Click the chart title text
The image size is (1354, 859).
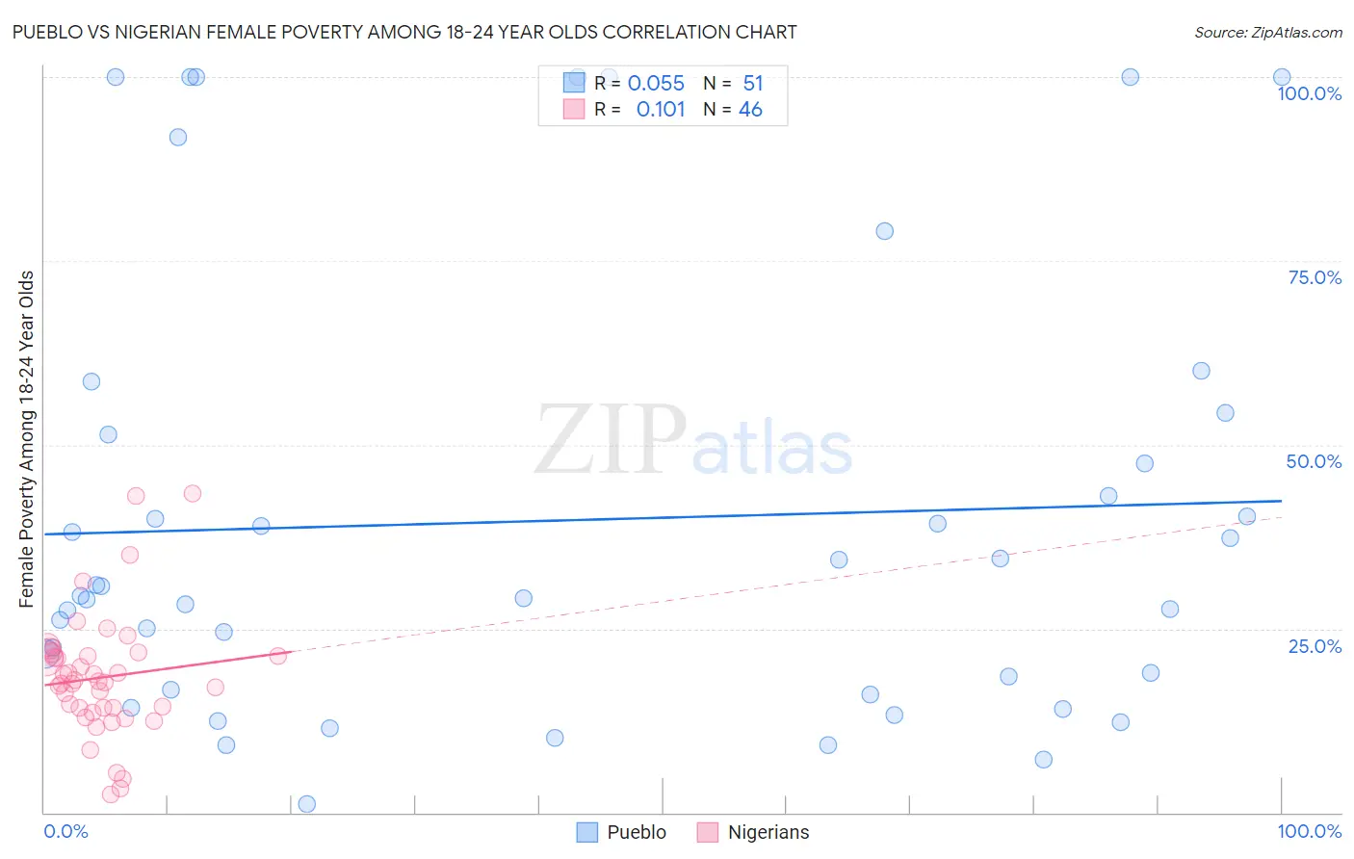[404, 32]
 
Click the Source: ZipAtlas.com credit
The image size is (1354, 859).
[1267, 32]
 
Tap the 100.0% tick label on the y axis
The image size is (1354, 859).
[1309, 93]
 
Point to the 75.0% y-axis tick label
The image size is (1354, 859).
[1315, 277]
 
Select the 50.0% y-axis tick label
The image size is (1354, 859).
[1314, 461]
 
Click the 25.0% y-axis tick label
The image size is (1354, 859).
[1315, 645]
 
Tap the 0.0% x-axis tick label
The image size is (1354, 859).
[65, 831]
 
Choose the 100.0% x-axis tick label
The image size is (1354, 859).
[1309, 831]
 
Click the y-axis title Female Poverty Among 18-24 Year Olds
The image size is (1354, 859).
[26, 439]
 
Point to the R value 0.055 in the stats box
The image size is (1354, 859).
[656, 84]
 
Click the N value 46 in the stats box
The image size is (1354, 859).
[750, 110]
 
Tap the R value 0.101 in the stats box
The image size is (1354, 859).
[661, 110]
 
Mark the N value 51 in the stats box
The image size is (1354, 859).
[752, 84]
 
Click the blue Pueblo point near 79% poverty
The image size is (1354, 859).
[884, 231]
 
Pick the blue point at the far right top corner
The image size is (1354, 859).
[1282, 77]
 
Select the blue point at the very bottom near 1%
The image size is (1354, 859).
[307, 804]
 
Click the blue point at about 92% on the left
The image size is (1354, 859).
[178, 137]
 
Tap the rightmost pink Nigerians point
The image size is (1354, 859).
[277, 656]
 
